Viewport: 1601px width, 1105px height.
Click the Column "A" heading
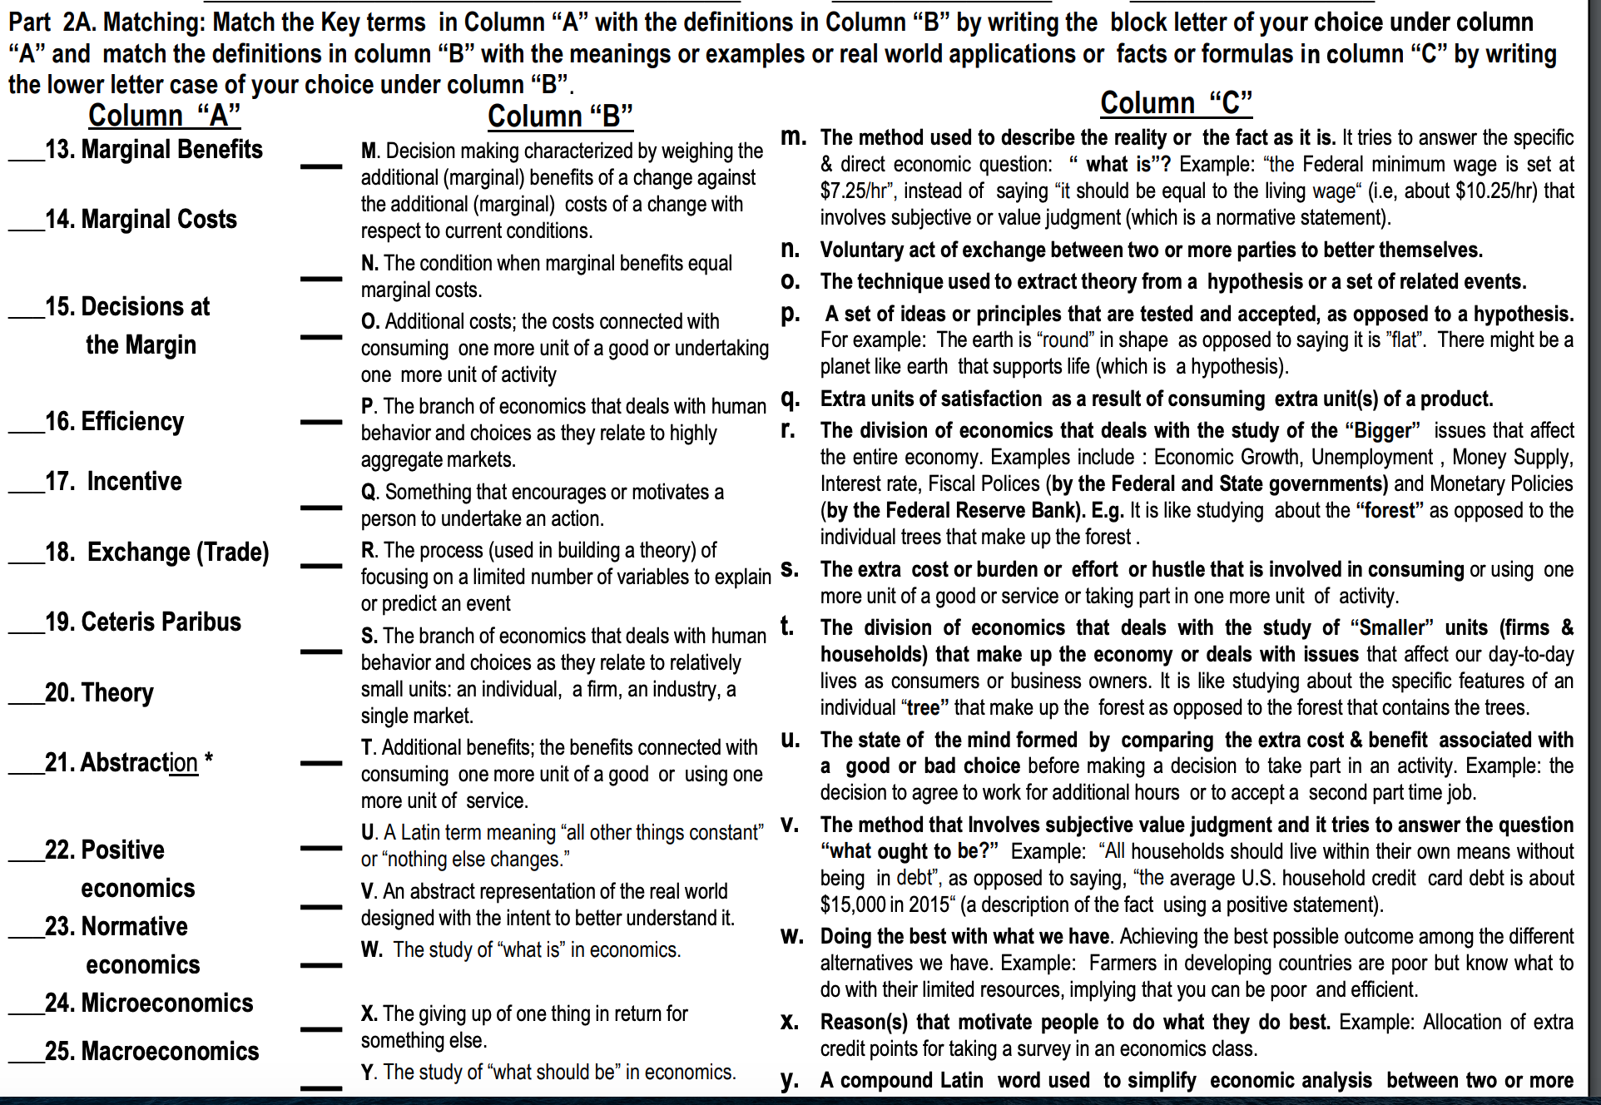click(x=164, y=116)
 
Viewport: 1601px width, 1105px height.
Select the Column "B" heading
click(x=560, y=116)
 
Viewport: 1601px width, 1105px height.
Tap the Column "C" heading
click(x=1175, y=103)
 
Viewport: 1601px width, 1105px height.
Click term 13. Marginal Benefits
click(x=154, y=150)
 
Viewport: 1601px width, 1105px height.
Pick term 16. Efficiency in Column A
click(x=114, y=422)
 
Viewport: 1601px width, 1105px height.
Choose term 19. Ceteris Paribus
click(x=143, y=622)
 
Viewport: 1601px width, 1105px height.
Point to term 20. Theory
click(x=99, y=693)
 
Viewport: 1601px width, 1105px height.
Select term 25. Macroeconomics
click(x=151, y=1052)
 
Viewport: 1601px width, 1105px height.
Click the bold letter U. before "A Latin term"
click(x=369, y=833)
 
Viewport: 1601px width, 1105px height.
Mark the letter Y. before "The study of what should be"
click(x=369, y=1073)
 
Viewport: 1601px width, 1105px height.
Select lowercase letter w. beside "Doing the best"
click(x=791, y=936)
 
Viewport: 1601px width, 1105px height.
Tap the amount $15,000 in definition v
click(x=852, y=905)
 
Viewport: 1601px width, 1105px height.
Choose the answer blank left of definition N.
click(x=321, y=278)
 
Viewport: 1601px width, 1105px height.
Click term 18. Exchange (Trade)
click(x=156, y=552)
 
